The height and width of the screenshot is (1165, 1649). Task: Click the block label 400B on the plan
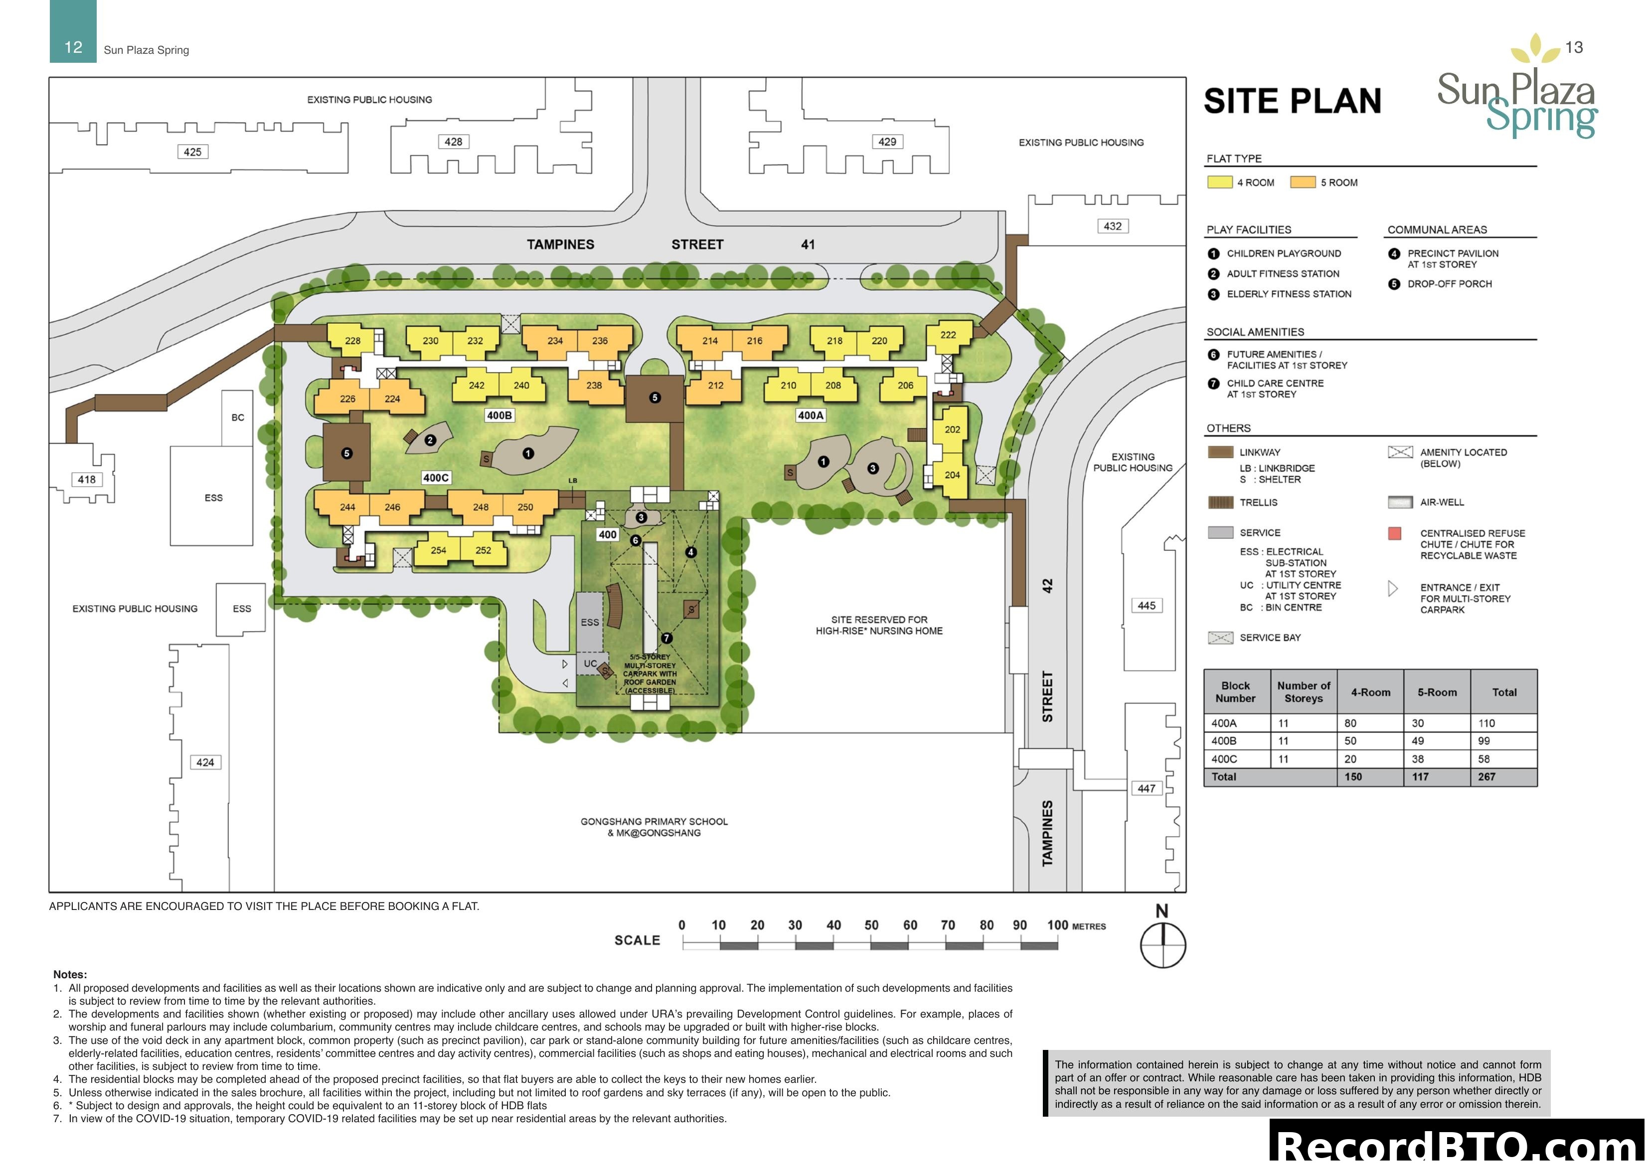click(x=499, y=415)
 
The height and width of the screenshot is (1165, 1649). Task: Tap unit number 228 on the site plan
click(x=352, y=341)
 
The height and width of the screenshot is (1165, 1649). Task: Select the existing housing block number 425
click(x=192, y=152)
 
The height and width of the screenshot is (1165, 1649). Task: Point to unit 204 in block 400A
click(x=952, y=475)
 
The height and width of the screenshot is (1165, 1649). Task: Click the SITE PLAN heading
click(x=1292, y=101)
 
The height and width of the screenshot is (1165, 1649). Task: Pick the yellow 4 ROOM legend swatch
click(x=1219, y=182)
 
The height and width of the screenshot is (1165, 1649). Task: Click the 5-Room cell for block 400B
click(x=1420, y=741)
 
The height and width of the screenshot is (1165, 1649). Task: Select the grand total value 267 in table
click(x=1486, y=777)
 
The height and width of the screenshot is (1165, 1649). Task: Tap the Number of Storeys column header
click(x=1303, y=692)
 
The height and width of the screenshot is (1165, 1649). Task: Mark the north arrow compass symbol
click(x=1163, y=945)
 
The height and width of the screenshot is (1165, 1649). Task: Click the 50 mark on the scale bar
click(x=871, y=925)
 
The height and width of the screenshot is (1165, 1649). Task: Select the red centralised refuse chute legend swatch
click(x=1395, y=533)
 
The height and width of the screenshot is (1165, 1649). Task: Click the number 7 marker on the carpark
click(x=666, y=638)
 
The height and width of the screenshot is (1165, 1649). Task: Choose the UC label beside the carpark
click(x=590, y=663)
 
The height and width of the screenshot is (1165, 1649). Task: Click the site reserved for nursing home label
click(x=879, y=625)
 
